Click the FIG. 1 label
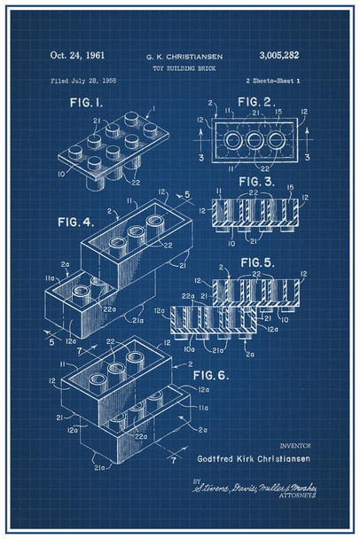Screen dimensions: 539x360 pyautogui.click(x=88, y=104)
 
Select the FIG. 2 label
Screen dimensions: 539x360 pyautogui.click(x=257, y=103)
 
